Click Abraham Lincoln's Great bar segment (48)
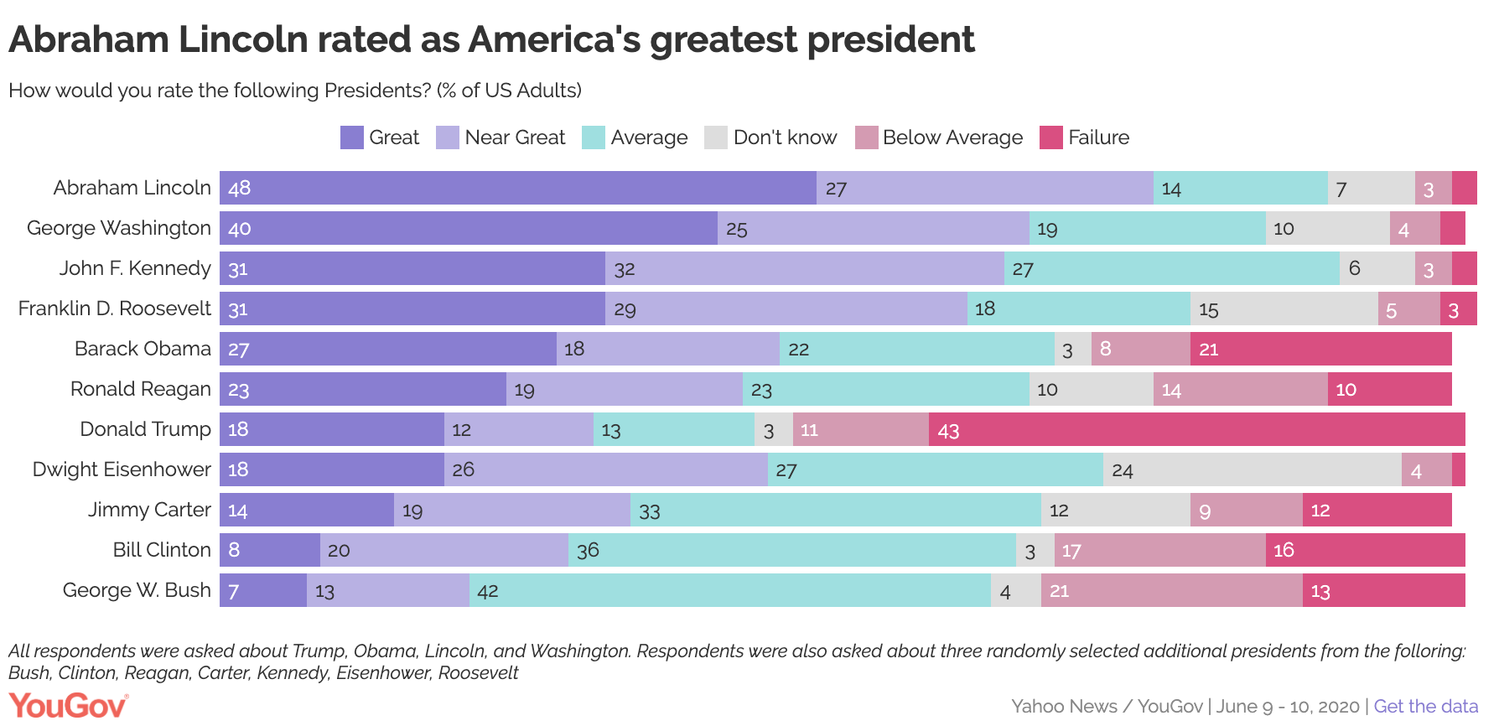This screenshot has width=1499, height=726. tap(517, 188)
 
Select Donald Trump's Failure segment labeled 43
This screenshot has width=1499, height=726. tap(1196, 429)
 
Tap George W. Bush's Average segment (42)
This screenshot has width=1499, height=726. tap(729, 590)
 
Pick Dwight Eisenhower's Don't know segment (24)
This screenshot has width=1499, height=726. tap(1252, 469)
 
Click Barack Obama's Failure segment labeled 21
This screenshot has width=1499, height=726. tap(1320, 349)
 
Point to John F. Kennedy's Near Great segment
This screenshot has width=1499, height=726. tap(804, 268)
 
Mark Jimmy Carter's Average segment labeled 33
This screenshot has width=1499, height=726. tap(835, 510)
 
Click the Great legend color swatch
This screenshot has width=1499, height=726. tap(351, 137)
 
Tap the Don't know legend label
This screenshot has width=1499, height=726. tap(785, 137)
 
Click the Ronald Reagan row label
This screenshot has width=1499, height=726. tap(140, 389)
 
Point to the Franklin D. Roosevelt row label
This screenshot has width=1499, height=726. tap(115, 309)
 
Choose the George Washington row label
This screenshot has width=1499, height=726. tap(119, 228)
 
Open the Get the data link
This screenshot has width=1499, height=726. tap(1425, 706)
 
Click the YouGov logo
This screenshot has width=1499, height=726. tap(68, 706)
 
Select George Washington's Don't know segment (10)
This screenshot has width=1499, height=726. tap(1327, 228)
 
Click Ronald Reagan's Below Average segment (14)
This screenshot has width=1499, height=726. tap(1240, 389)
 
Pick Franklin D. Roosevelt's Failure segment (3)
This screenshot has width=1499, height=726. tap(1458, 309)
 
